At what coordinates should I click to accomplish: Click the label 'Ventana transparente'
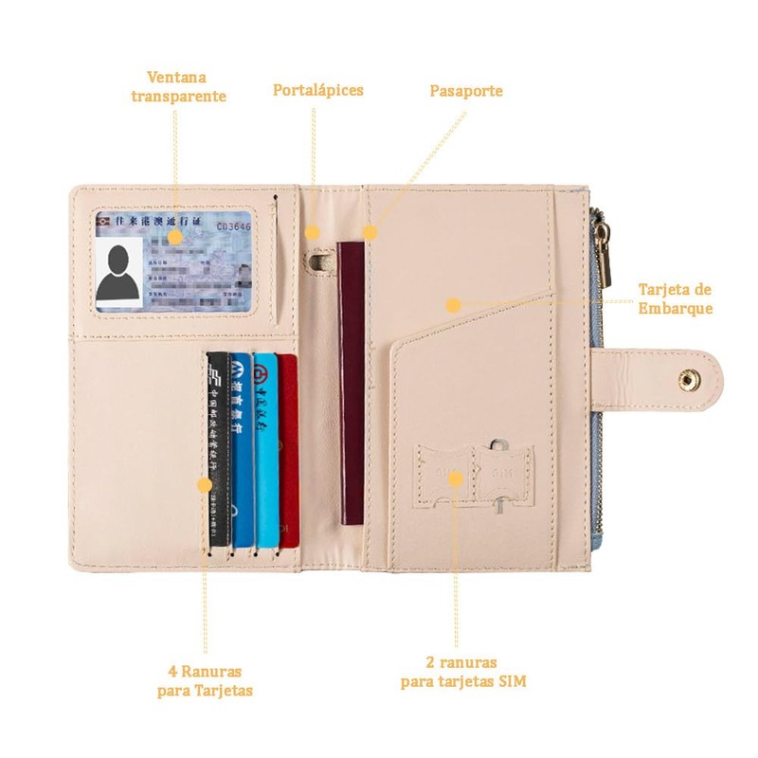pos(178,86)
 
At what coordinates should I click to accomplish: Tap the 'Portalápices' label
pos(318,91)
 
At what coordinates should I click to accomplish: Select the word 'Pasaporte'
pos(466,92)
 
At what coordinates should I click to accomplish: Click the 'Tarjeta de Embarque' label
pos(674,298)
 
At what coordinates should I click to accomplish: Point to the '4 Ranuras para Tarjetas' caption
pos(205,680)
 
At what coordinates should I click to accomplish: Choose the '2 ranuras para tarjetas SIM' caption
pos(462,672)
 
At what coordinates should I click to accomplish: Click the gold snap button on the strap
pos(684,379)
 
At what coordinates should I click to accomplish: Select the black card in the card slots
pos(218,450)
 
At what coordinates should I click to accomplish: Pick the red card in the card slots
pos(288,450)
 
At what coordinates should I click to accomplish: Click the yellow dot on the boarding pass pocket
pos(453,305)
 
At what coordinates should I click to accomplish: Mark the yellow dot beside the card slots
pos(204,483)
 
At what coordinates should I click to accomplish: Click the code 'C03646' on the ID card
pos(234,226)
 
